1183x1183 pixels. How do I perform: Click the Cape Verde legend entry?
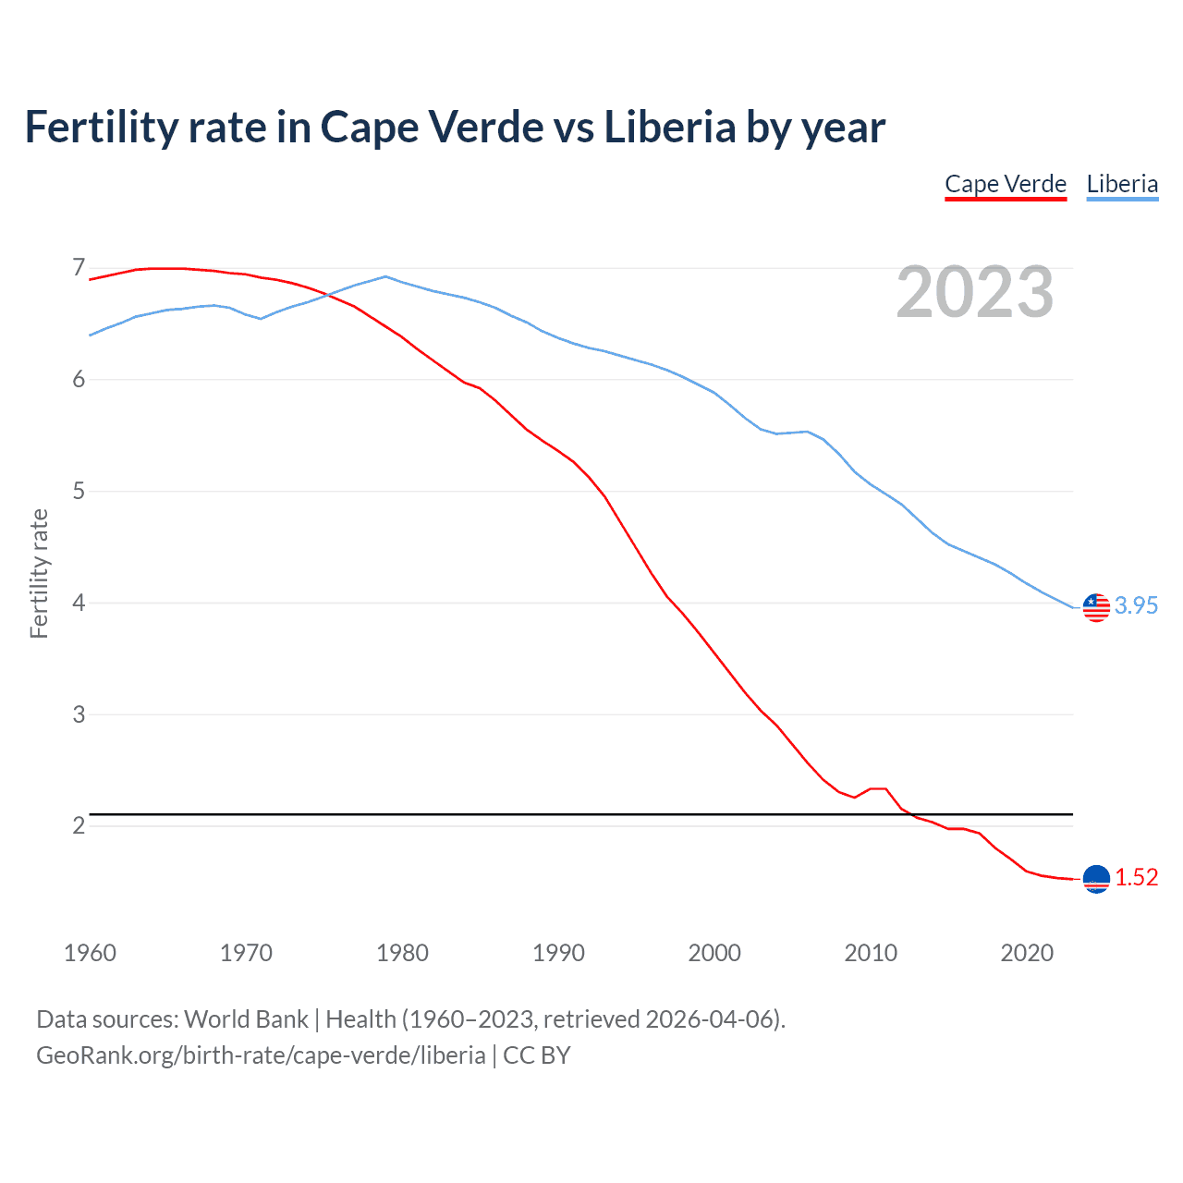1006,184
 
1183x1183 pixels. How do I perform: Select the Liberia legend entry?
1122,184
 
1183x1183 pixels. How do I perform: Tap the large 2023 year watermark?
975,292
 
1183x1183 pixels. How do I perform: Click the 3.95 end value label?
1136,605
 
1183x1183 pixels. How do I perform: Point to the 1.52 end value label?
1136,877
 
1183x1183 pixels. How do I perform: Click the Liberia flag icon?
1096,607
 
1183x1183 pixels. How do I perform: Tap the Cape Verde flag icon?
1096,879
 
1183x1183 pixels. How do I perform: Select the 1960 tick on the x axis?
90,953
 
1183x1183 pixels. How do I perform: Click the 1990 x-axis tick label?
558,953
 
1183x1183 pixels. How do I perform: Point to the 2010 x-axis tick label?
871,953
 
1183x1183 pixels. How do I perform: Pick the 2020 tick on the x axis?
1027,953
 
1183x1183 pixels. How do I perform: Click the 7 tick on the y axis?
79,268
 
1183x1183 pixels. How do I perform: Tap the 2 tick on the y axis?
79,825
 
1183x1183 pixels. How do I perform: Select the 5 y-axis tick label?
79,491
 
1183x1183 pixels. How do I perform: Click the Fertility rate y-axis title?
39,573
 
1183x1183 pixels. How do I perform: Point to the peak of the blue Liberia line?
385,276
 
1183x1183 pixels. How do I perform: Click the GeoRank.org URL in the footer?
261,1055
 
